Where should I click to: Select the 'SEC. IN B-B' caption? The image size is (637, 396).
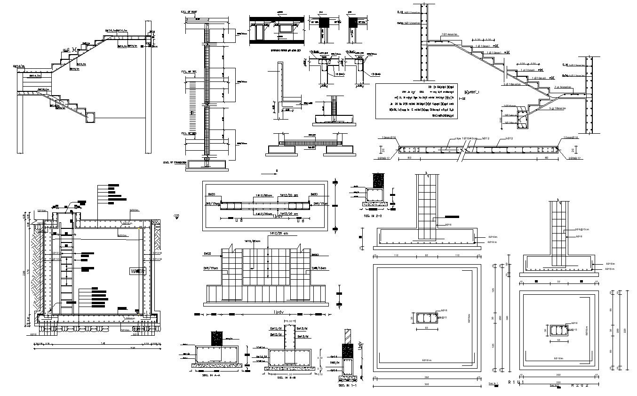[286, 377]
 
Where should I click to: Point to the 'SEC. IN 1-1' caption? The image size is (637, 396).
[347, 385]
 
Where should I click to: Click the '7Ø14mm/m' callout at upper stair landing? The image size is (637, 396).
[450, 34]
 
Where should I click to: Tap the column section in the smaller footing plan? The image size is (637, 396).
[559, 329]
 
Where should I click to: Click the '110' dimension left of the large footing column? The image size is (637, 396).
[397, 256]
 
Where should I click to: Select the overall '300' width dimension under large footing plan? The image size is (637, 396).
[426, 384]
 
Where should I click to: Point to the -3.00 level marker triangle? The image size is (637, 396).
[176, 218]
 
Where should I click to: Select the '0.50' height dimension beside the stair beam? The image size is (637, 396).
[501, 119]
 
